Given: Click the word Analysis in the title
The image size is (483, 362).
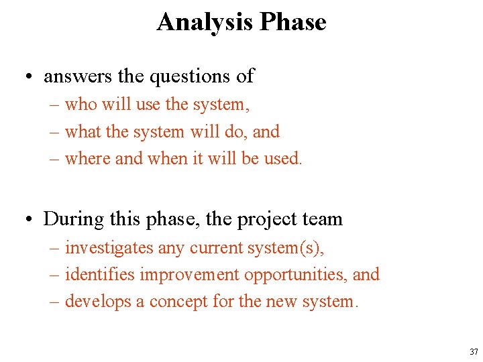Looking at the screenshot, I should pyautogui.click(x=205, y=22).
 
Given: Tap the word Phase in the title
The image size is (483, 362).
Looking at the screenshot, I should pyautogui.click(x=293, y=22).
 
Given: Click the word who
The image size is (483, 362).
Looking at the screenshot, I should pyautogui.click(x=81, y=105).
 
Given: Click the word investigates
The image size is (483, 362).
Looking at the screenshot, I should pyautogui.click(x=109, y=248).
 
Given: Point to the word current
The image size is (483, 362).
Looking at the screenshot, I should pyautogui.click(x=215, y=248).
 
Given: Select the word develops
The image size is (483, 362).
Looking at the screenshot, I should pyautogui.click(x=98, y=302).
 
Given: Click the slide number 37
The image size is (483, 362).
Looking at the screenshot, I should pyautogui.click(x=474, y=351).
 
